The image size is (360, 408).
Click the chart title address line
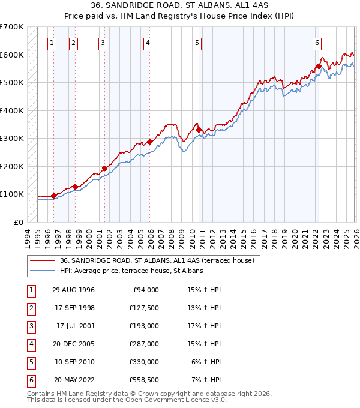coord(180,5)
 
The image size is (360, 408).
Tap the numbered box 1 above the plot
coord(53,43)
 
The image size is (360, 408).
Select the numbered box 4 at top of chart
coord(147,43)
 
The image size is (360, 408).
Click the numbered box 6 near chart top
coord(316,43)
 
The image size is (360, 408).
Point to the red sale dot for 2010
coord(199,130)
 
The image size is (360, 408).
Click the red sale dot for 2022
coord(319,67)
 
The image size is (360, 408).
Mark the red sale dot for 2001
coord(104,168)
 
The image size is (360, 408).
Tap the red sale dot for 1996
coord(53,196)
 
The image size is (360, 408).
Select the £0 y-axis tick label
coord(18,222)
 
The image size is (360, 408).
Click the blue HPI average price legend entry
coord(131,271)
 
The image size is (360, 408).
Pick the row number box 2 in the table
coord(31,308)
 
